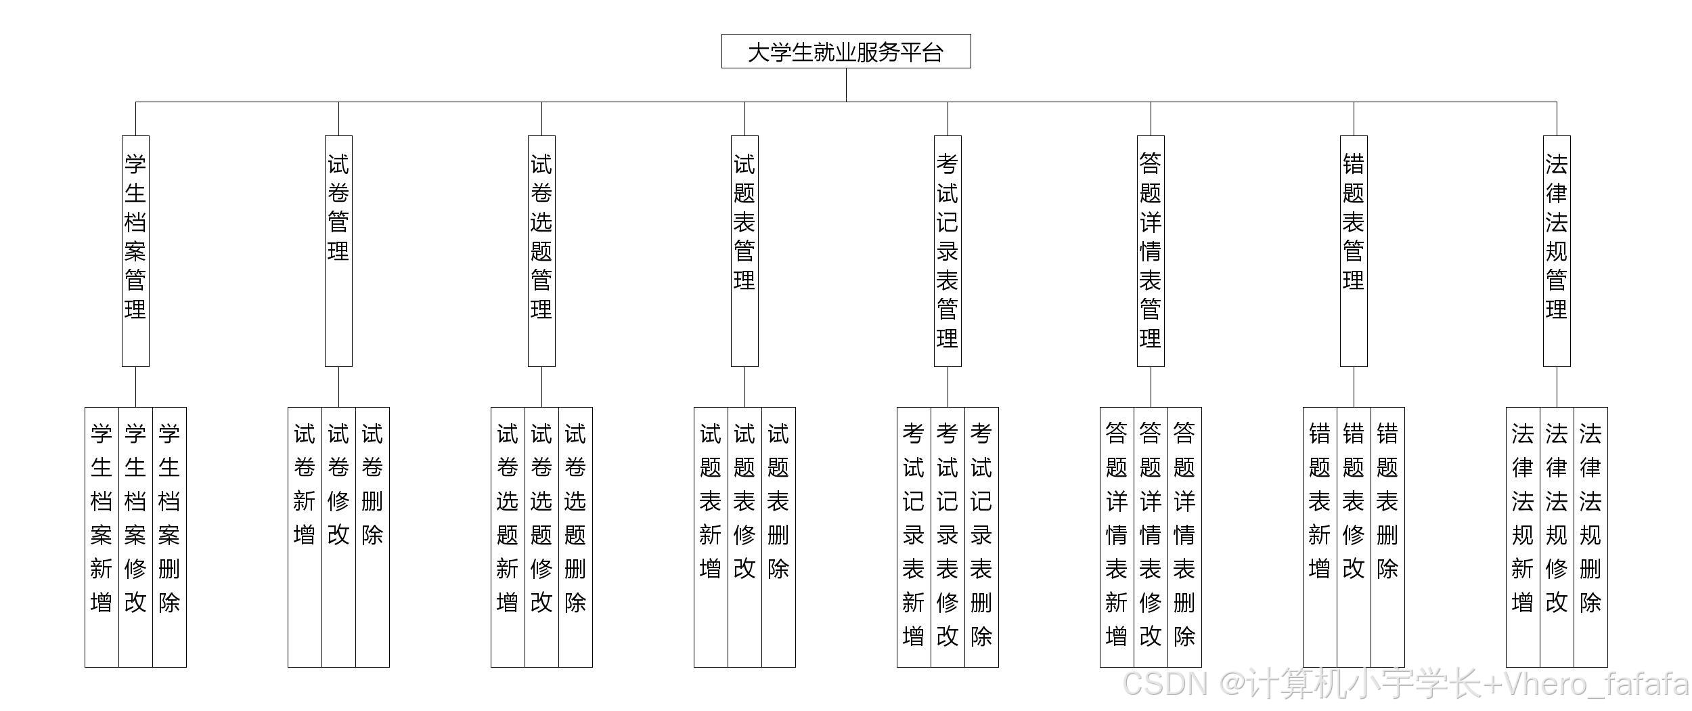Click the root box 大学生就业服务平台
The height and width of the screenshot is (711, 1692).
(x=846, y=51)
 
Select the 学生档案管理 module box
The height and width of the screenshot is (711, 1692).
(x=135, y=251)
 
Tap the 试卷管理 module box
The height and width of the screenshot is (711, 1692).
(x=338, y=251)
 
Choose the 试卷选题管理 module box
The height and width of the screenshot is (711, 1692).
(x=541, y=251)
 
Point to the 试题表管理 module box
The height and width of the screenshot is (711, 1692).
(x=744, y=251)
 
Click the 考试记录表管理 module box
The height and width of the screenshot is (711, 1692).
(x=948, y=251)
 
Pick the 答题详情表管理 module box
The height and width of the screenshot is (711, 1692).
(x=1151, y=251)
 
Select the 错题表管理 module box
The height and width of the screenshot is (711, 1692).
(x=1354, y=251)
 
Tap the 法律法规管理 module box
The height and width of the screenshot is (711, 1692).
(x=1557, y=251)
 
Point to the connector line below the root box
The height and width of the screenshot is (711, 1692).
(x=846, y=85)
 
